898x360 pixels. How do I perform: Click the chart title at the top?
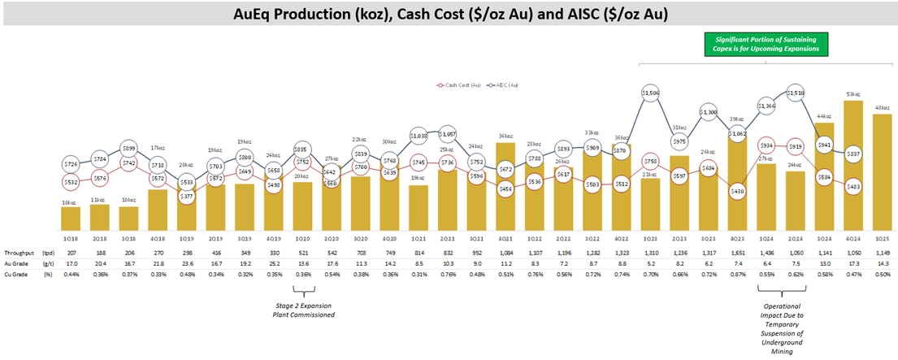449,13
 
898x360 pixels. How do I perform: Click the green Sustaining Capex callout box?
766,44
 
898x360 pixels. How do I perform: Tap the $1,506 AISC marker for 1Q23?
649,93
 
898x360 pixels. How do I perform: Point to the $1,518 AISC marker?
796,93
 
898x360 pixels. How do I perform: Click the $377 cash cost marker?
188,197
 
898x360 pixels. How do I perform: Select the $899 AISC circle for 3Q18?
129,148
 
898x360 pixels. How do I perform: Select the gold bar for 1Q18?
71,218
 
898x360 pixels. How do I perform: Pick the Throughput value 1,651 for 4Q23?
737,254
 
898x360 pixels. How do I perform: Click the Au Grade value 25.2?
275,263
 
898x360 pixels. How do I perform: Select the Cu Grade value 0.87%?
737,274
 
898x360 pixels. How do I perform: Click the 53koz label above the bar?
854,94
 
